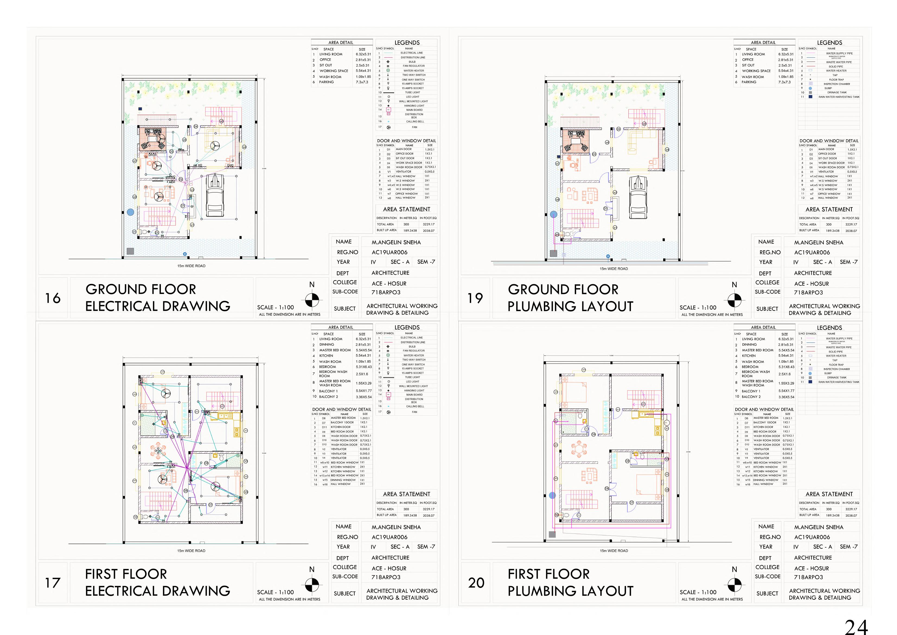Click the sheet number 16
[53, 298]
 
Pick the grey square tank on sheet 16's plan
[130, 251]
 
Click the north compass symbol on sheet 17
[312, 585]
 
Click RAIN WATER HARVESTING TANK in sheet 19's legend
[839, 97]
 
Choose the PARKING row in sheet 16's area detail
[327, 82]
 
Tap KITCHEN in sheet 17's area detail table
[326, 356]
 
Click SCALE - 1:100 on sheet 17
[275, 592]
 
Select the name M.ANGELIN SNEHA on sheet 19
[818, 242]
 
